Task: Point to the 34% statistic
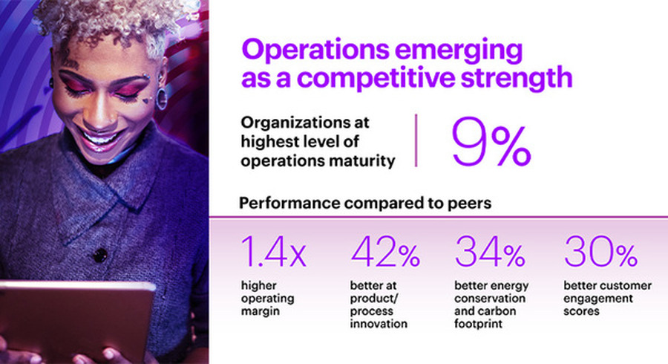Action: coord(490,253)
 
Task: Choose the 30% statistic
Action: coord(600,253)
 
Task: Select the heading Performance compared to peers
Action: coord(364,203)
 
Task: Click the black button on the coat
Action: coord(99,256)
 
